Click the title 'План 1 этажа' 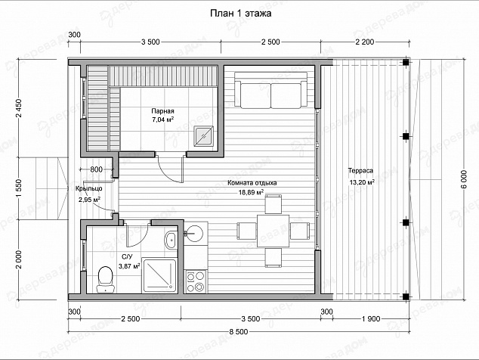tap(241, 14)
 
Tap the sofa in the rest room tap(271, 90)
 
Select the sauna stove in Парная tap(206, 136)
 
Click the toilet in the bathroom tap(105, 279)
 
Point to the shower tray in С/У tap(159, 275)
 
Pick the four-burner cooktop tap(196, 282)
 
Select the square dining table tap(273, 231)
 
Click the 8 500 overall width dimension tap(238, 332)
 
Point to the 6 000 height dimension tap(465, 180)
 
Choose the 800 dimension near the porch tap(97, 169)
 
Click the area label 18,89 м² tap(251, 192)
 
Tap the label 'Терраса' tap(360, 171)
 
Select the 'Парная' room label tap(162, 111)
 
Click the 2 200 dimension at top tap(364, 42)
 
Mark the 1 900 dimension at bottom tap(371, 319)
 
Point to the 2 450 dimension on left tap(19, 108)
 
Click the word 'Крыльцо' tap(88, 188)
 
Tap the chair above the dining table tap(273, 204)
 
